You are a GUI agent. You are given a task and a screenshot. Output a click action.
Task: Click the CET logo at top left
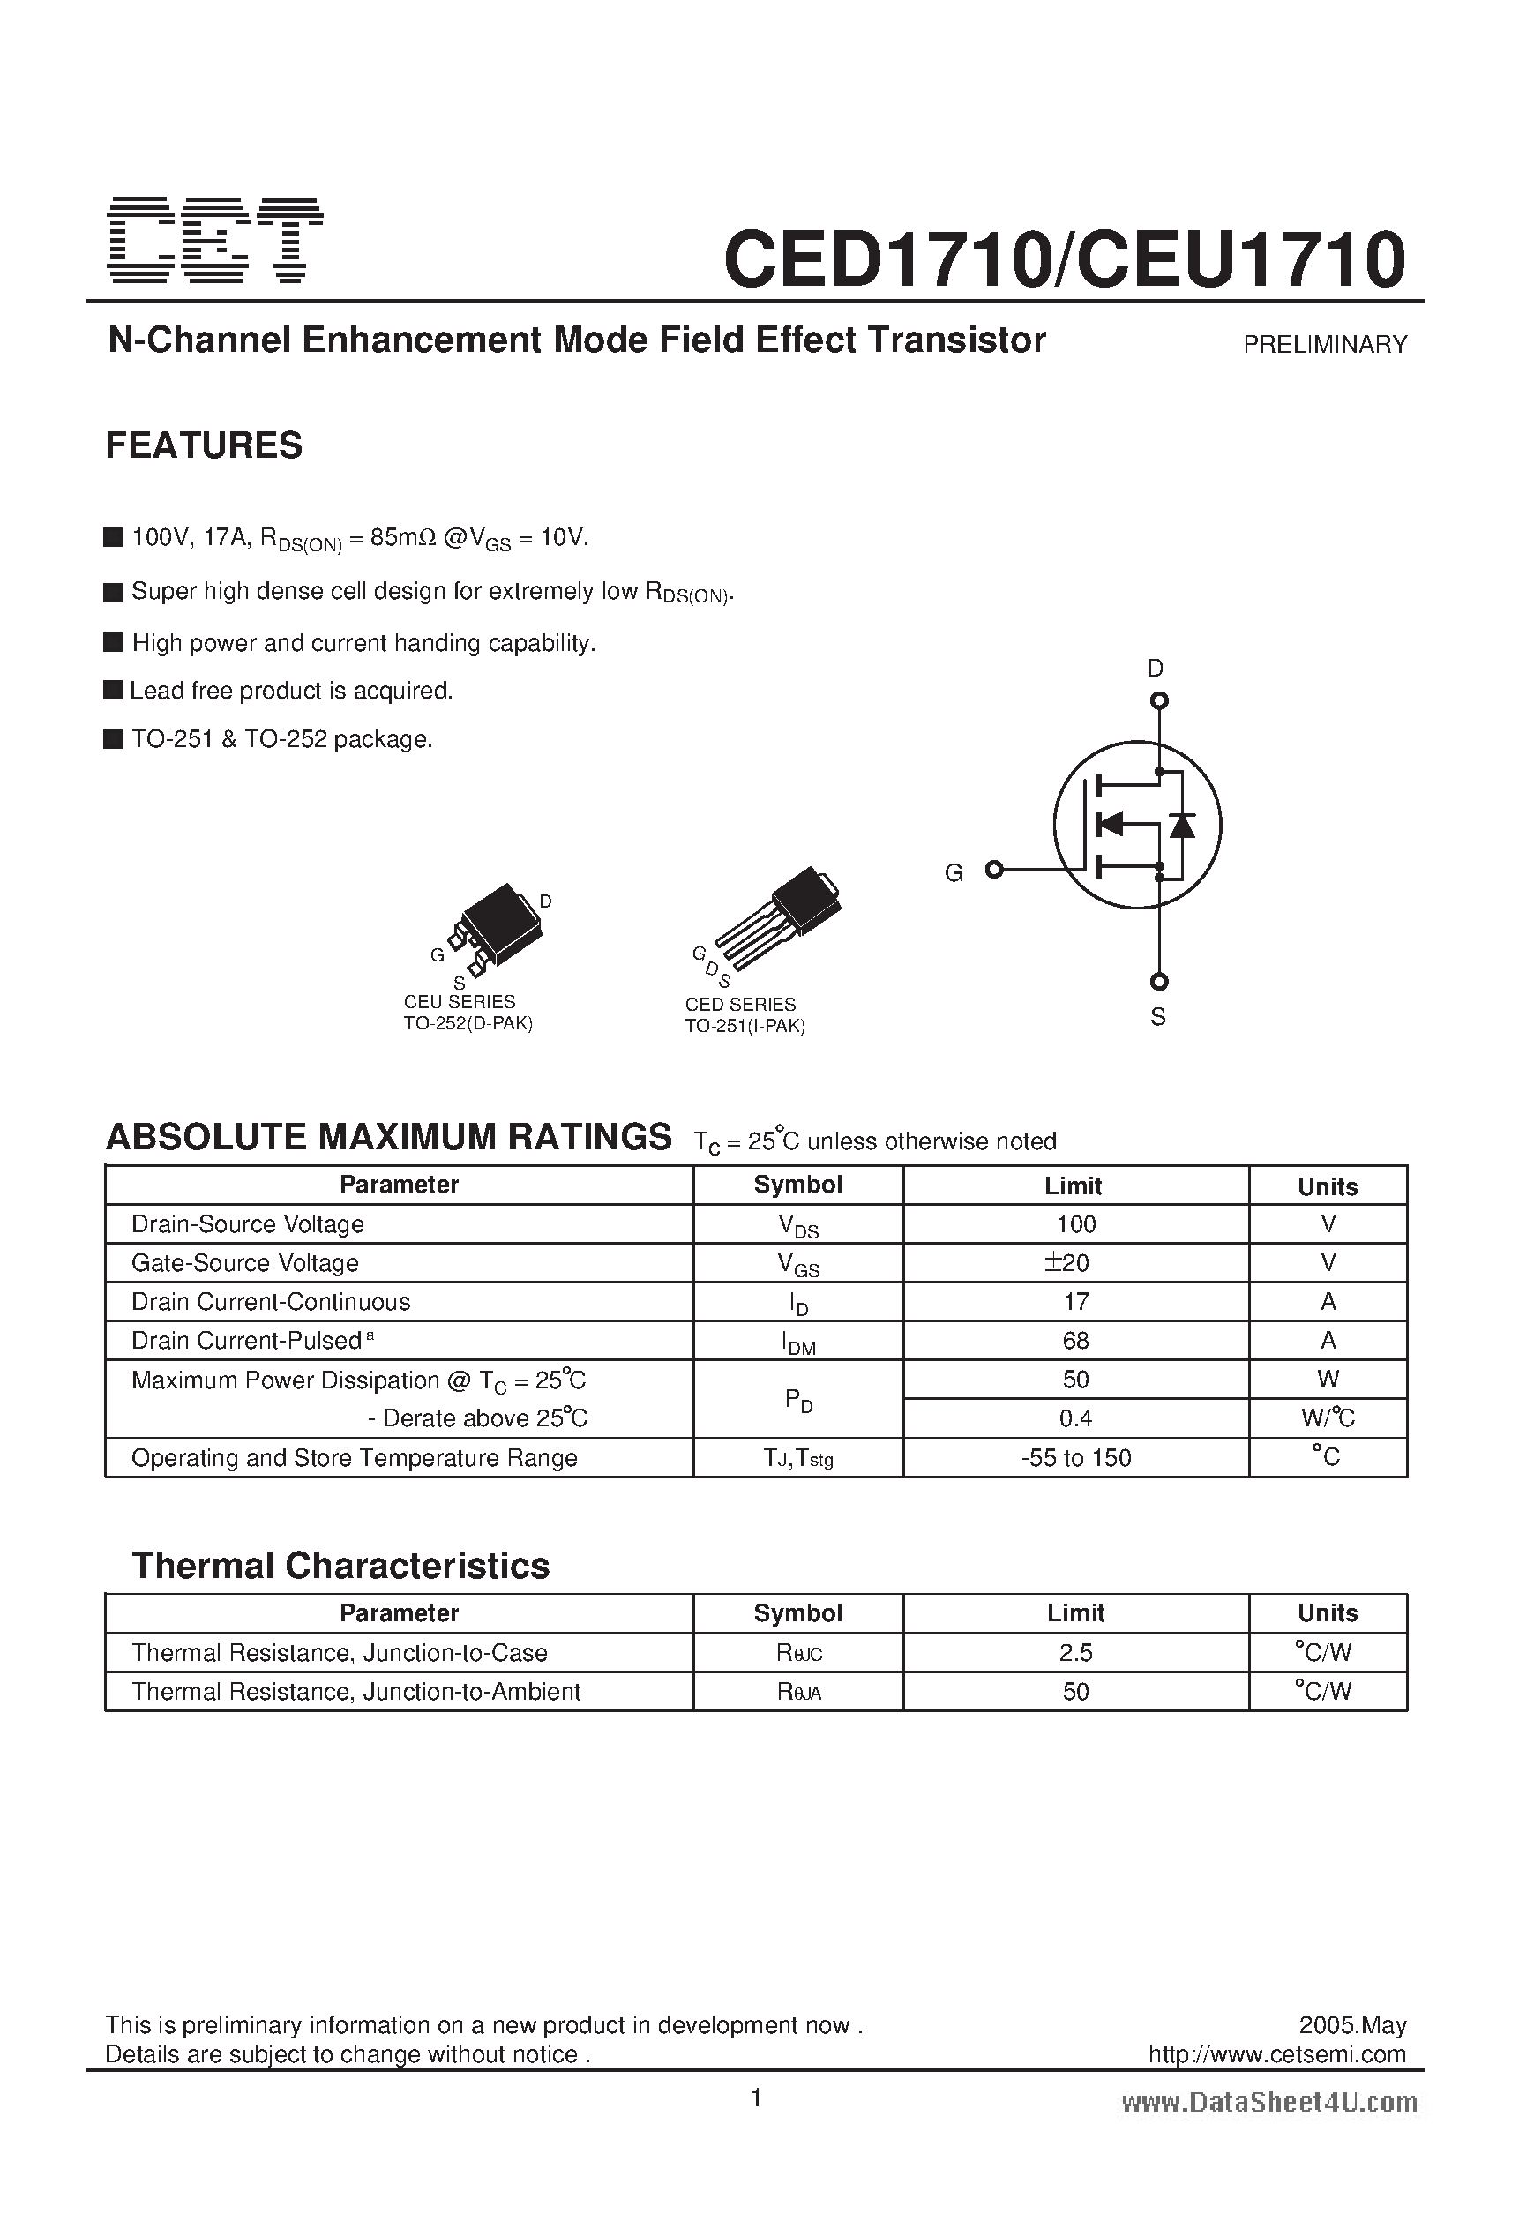coord(215,241)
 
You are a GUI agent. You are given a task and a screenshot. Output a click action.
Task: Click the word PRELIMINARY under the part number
coord(1325,345)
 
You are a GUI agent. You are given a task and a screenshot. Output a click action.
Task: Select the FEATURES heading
coord(204,445)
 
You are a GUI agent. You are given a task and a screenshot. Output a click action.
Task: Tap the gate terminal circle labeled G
coord(994,869)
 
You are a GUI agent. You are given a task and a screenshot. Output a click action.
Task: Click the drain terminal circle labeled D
coord(1159,701)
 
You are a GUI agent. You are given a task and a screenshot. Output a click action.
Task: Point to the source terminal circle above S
coord(1159,981)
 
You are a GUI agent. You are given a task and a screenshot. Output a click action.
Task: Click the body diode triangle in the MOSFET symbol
coord(1182,825)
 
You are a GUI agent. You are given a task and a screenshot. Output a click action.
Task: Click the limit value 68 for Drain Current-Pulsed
coord(1075,1341)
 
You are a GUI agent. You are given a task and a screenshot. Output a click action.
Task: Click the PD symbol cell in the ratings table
coord(798,1400)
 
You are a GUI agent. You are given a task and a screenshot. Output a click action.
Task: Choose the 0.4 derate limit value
coord(1075,1418)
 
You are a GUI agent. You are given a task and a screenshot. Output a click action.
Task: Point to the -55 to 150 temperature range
coord(1075,1457)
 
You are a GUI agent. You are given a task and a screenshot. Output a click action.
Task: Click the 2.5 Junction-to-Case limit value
coord(1075,1653)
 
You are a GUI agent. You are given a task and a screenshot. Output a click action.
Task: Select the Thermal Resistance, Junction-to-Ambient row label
coord(355,1691)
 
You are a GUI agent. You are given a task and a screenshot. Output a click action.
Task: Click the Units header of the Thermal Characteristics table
coord(1328,1612)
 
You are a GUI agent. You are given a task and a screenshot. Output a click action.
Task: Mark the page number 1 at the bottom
coord(757,2098)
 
